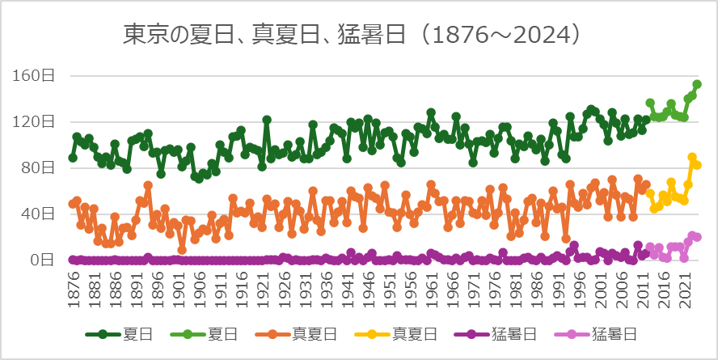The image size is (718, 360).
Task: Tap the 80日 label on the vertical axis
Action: coord(40,168)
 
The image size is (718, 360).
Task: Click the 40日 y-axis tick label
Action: coord(40,214)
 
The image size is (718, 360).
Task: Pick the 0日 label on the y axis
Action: coord(43,260)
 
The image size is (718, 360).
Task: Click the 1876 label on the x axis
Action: coord(74,286)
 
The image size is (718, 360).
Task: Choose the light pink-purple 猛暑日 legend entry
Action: coord(602,333)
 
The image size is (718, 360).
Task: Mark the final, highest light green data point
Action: coord(697,84)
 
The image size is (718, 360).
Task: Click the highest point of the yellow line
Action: coord(692,158)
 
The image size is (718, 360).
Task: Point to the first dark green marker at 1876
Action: coord(73,158)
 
